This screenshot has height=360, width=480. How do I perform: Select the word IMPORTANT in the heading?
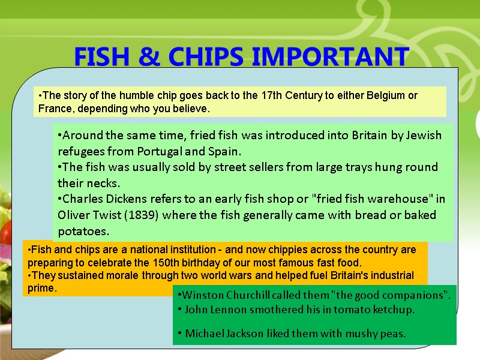coord(330,57)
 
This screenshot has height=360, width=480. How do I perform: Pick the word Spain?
coord(224,151)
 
